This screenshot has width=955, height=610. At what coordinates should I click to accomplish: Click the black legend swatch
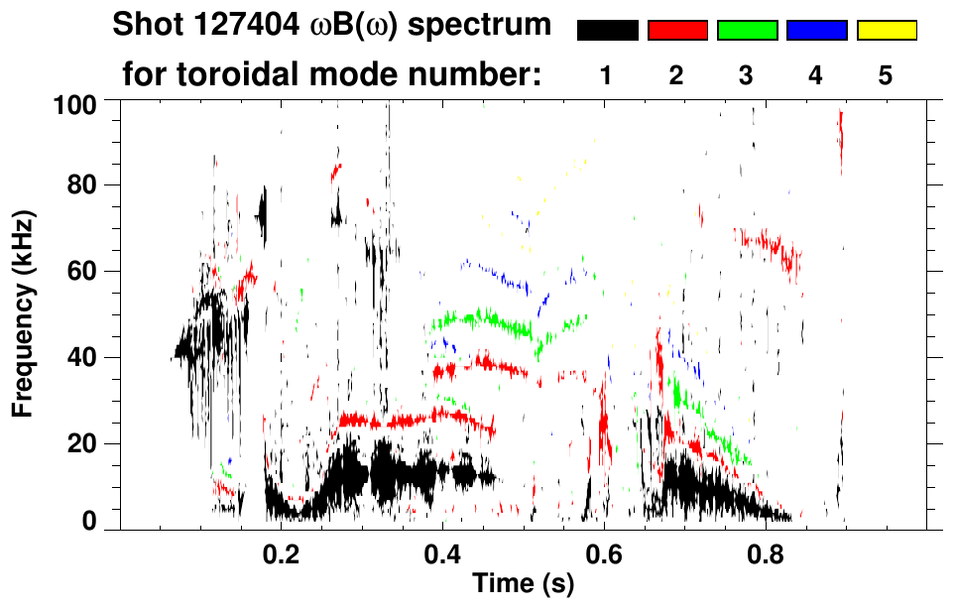click(x=608, y=31)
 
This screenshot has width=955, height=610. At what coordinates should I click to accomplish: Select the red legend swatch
click(x=677, y=31)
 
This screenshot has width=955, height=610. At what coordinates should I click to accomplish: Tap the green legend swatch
click(x=747, y=31)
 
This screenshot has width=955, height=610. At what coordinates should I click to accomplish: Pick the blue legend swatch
click(x=816, y=31)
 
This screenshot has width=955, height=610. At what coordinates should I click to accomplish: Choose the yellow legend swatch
click(x=886, y=31)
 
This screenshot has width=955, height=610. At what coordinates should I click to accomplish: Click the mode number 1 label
click(x=608, y=75)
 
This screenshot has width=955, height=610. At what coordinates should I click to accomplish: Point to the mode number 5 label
click(x=886, y=75)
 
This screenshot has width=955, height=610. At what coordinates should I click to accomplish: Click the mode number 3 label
click(x=747, y=75)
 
